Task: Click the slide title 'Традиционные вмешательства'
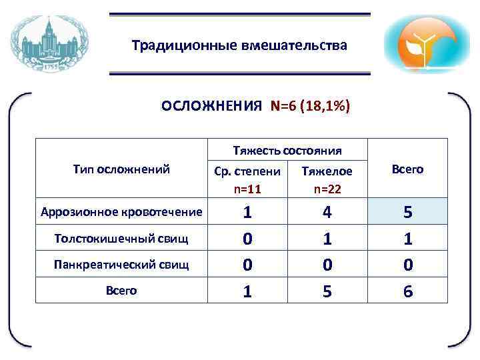click(239, 46)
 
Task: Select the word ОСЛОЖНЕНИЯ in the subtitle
click(211, 107)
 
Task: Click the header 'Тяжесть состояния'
click(287, 150)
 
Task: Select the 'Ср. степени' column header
click(248, 171)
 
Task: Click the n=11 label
click(247, 189)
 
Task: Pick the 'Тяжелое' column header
click(327, 171)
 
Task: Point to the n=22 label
click(327, 189)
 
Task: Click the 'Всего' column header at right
click(407, 169)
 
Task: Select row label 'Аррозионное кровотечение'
click(121, 213)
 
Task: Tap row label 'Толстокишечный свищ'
click(121, 238)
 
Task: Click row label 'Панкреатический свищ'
click(121, 264)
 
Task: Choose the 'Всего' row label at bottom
click(121, 290)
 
